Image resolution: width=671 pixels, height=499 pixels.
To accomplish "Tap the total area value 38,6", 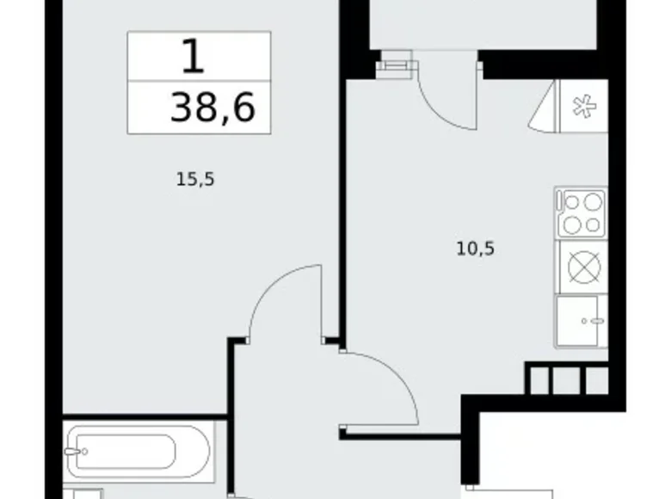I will point(213,109).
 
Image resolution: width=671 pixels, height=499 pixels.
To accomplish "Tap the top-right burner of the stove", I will point(594,203).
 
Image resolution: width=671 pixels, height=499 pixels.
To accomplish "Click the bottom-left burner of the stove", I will point(571,225).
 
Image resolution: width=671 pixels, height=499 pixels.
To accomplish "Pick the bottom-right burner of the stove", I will point(594,225).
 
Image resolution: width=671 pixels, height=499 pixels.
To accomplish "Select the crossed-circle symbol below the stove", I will point(582,266).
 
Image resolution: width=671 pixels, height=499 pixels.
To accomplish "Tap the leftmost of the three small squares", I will point(539,379).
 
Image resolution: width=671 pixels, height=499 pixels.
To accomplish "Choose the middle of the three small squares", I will point(567,379).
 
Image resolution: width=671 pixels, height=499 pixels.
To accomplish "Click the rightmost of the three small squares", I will point(594,379).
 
